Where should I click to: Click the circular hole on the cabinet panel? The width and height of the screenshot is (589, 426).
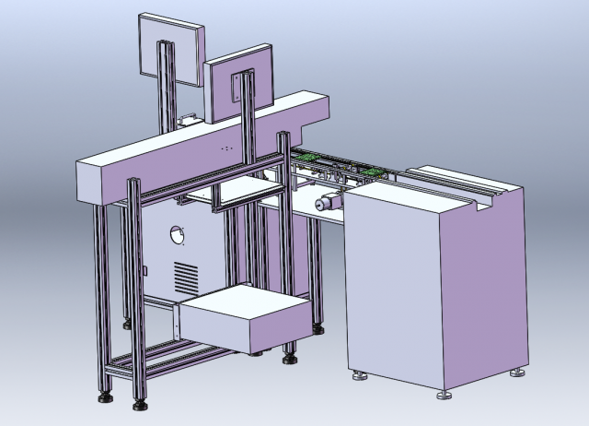click(179, 235)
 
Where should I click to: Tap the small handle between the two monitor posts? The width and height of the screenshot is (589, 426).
click(191, 118)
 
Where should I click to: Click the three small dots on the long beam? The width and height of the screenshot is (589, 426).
click(226, 148)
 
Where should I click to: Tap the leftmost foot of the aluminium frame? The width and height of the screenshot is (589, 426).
click(104, 397)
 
